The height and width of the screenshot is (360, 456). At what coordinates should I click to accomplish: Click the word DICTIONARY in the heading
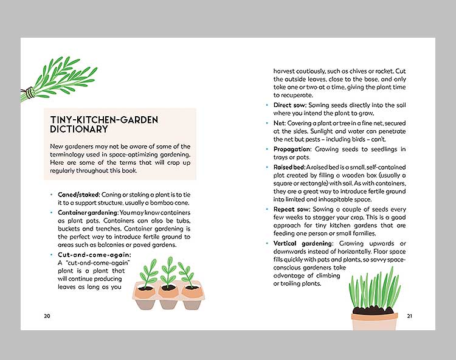[79, 130]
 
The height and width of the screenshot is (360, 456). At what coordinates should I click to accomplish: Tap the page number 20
[47, 316]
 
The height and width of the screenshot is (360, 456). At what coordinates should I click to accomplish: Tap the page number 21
[410, 316]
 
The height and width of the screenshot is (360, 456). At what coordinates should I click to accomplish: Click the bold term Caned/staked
[78, 193]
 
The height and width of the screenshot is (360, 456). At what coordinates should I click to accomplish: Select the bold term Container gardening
[89, 213]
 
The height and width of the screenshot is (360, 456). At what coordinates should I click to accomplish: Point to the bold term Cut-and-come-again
[94, 254]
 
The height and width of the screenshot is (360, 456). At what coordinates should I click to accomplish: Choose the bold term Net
[278, 123]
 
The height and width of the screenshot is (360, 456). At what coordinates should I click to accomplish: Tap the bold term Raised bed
[289, 167]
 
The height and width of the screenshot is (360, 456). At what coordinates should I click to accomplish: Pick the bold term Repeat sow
[292, 209]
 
